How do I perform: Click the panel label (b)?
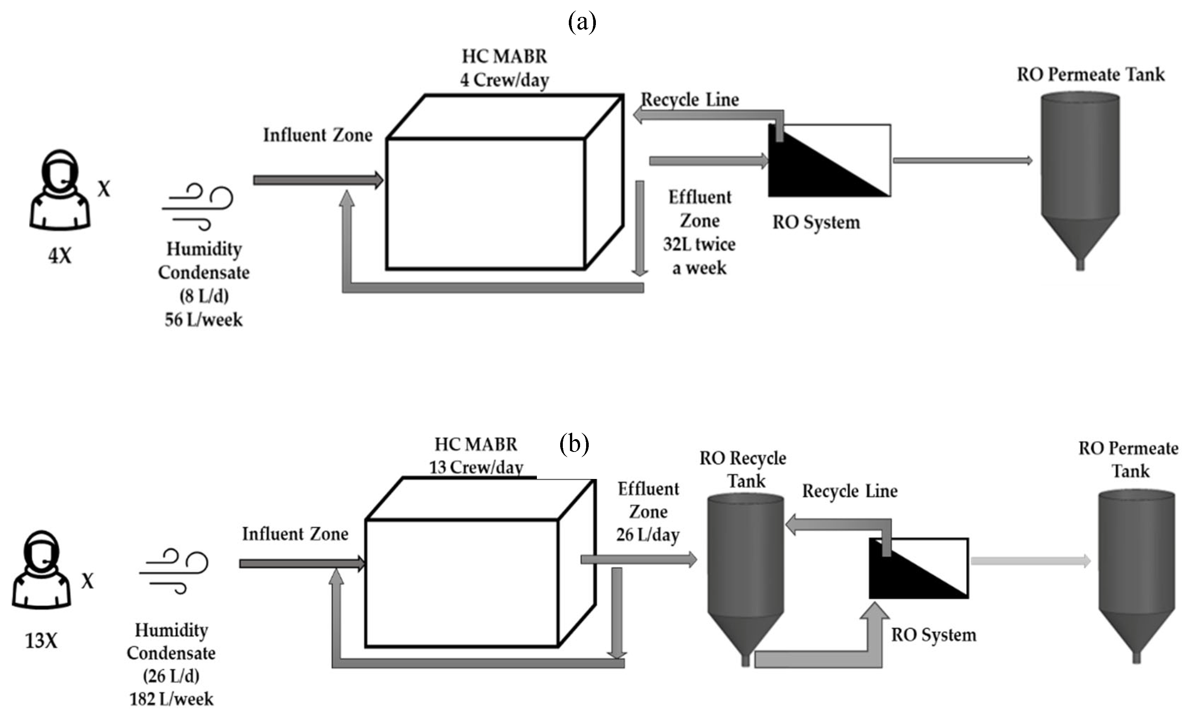click(x=574, y=443)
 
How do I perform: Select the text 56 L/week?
click(x=204, y=319)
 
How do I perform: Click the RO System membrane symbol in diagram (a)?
click(x=829, y=160)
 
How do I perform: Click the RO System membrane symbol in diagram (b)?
click(x=918, y=568)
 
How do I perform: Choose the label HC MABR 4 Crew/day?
click(x=504, y=68)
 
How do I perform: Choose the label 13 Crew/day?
click(x=476, y=467)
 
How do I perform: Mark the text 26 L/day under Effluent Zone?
click(x=648, y=535)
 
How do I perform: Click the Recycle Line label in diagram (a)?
click(x=690, y=100)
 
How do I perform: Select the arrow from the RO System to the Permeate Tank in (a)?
click(x=962, y=160)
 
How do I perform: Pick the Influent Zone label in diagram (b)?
click(x=295, y=533)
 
